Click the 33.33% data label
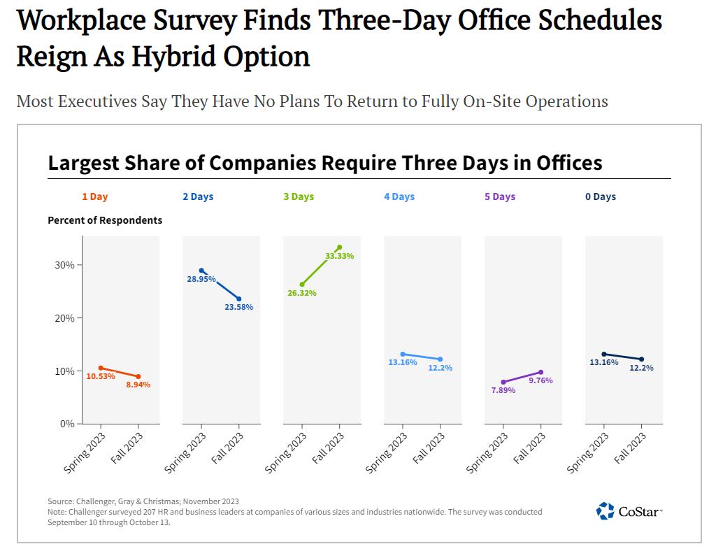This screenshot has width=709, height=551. click(x=340, y=256)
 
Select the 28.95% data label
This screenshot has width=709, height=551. click(x=201, y=279)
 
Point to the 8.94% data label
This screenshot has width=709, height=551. click(x=138, y=385)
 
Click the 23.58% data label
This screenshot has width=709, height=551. click(x=239, y=307)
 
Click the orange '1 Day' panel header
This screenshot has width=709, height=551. click(x=95, y=196)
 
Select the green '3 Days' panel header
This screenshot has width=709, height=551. click(x=299, y=196)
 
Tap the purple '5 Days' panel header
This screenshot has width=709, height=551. click(x=500, y=196)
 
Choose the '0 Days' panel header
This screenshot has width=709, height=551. click(x=601, y=196)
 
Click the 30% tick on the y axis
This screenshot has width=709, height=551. click(x=65, y=265)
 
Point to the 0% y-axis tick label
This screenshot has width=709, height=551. click(x=67, y=423)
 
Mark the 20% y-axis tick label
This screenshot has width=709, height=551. click(x=65, y=317)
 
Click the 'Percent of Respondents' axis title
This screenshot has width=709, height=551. click(x=105, y=220)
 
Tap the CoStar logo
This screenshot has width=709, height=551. click(x=629, y=511)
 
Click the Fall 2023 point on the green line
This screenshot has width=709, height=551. click(x=339, y=247)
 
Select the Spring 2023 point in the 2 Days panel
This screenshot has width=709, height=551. click(x=201, y=271)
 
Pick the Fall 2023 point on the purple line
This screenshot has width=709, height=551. click(x=540, y=372)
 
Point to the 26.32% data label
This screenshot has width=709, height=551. click(x=302, y=293)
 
